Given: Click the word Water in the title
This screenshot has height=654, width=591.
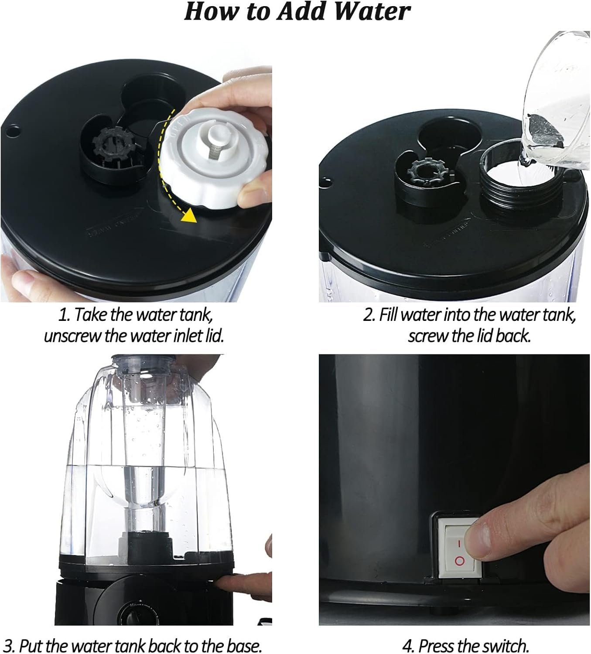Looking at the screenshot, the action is (x=372, y=12).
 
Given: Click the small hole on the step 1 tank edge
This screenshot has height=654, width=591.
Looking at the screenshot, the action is (x=13, y=131).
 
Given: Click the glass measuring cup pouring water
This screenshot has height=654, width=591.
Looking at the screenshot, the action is (x=554, y=101).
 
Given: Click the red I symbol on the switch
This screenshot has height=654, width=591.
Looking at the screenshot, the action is (x=458, y=544).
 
